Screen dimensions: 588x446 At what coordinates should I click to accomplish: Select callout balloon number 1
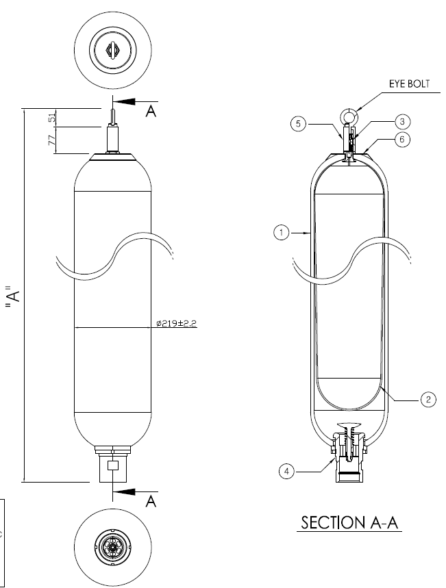pyautogui.click(x=280, y=233)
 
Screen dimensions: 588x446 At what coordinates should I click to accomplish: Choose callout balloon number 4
pyautogui.click(x=286, y=470)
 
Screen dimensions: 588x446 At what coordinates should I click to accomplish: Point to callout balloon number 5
pyautogui.click(x=296, y=124)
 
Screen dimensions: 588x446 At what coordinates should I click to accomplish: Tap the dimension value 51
pyautogui.click(x=52, y=118)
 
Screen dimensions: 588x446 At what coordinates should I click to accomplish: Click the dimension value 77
pyautogui.click(x=52, y=140)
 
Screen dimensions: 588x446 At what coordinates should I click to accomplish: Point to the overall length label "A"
pyautogui.click(x=12, y=296)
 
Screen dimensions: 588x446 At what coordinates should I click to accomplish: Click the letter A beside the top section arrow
pyautogui.click(x=151, y=111)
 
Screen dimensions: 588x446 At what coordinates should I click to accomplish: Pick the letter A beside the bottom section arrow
pyautogui.click(x=151, y=502)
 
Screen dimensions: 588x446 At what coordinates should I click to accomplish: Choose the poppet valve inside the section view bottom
pyautogui.click(x=350, y=427)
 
